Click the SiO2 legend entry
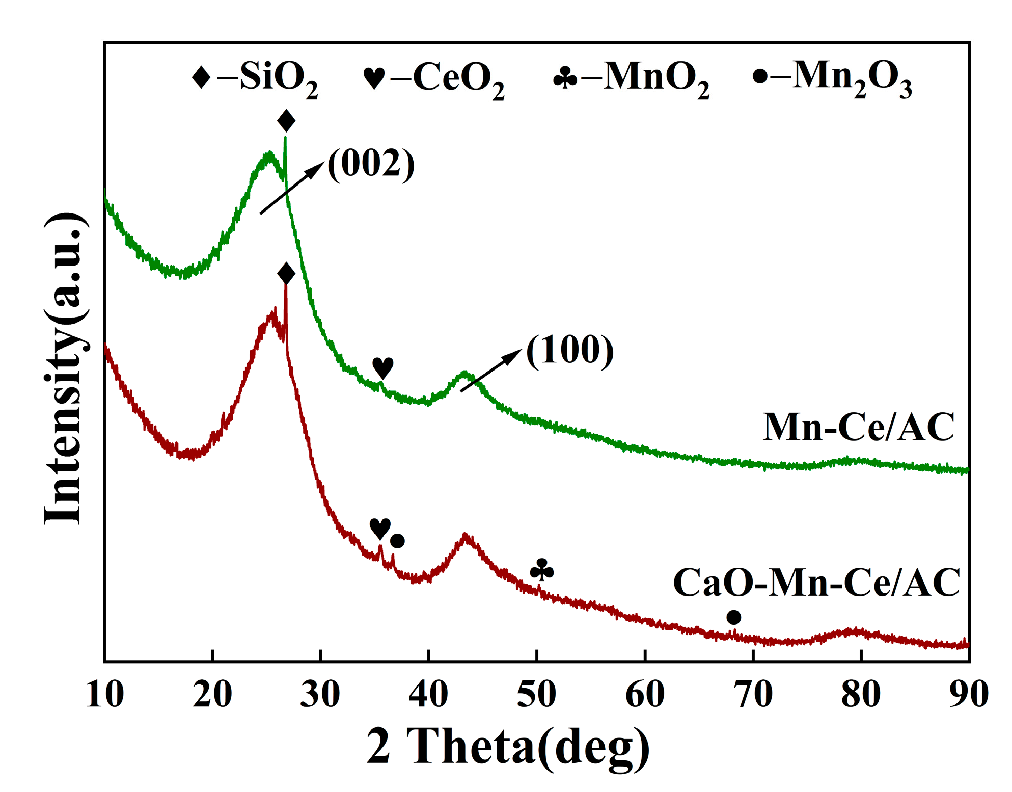coord(255,78)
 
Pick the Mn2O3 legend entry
coord(832,78)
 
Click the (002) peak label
coord(371,164)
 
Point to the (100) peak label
coord(569,350)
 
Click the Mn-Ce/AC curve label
coord(858,427)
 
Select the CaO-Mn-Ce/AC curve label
coord(816,582)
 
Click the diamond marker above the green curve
coord(286,121)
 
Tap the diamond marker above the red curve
coord(286,274)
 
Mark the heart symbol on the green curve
coord(382,367)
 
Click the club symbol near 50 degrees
coord(541,570)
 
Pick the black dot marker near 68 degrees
coord(733,618)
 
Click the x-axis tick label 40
coord(428,694)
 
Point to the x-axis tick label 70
coord(753,694)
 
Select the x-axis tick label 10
coord(105,694)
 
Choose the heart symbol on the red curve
coord(380,529)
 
